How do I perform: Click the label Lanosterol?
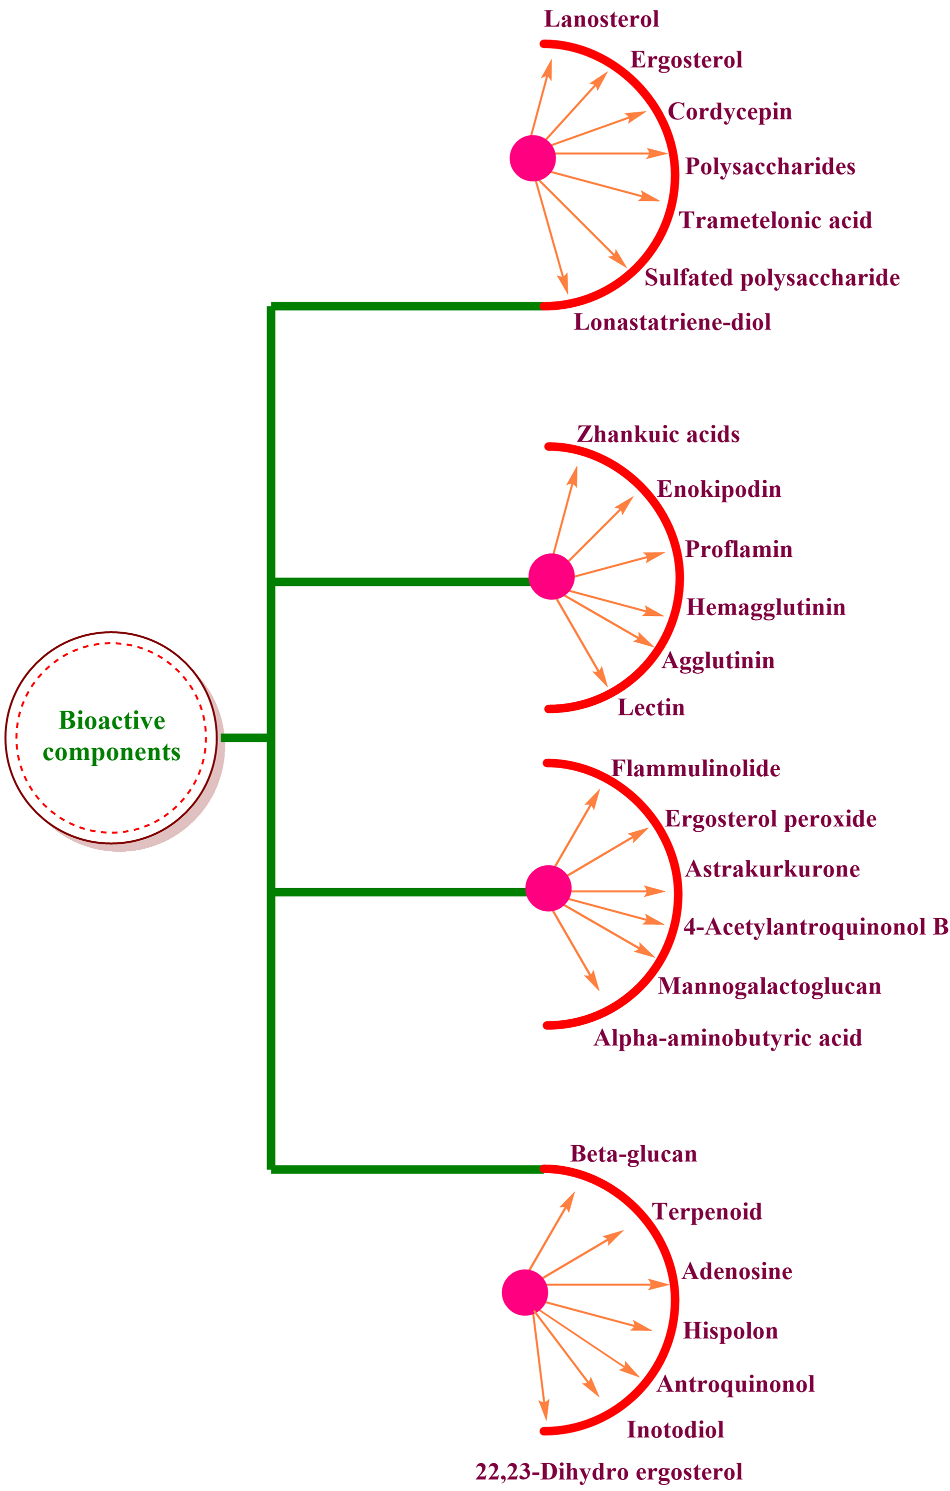pos(601,19)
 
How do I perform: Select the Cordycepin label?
pos(729,111)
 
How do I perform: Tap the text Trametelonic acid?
pos(775,220)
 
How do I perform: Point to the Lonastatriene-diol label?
pos(672,322)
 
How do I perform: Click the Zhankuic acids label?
pos(658,434)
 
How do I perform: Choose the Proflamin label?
pos(738,549)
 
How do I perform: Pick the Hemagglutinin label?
pos(766,607)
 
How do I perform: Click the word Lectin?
pos(651,707)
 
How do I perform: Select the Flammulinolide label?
pos(695,768)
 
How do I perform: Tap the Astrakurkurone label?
pos(772,869)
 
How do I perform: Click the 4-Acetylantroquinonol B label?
pos(815,927)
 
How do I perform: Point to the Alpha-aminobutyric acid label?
pos(727,1038)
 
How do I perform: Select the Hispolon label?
pos(730,1331)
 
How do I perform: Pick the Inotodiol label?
pos(675,1430)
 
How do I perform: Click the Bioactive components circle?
pos(111,737)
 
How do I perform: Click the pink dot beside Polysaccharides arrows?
pos(532,158)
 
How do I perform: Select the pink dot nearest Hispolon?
pos(524,1292)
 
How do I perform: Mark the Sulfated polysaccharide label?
pos(771,277)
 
